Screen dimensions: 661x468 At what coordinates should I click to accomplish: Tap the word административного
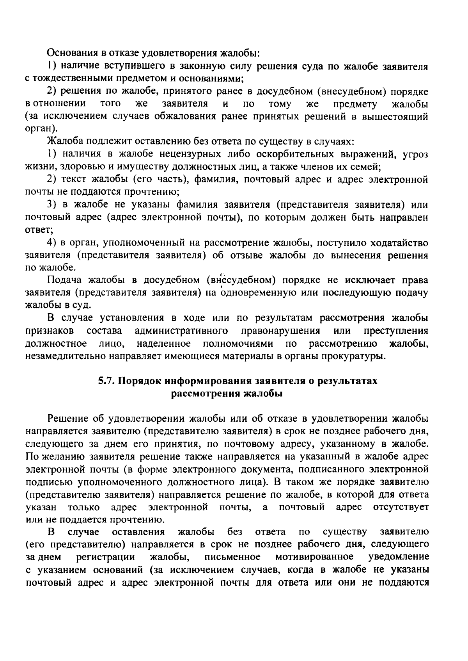coord(181,331)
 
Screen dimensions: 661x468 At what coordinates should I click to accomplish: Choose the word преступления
coord(396,331)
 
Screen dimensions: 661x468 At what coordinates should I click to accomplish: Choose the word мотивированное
coord(315,556)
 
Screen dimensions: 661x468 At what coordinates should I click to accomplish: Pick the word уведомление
coord(399,556)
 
